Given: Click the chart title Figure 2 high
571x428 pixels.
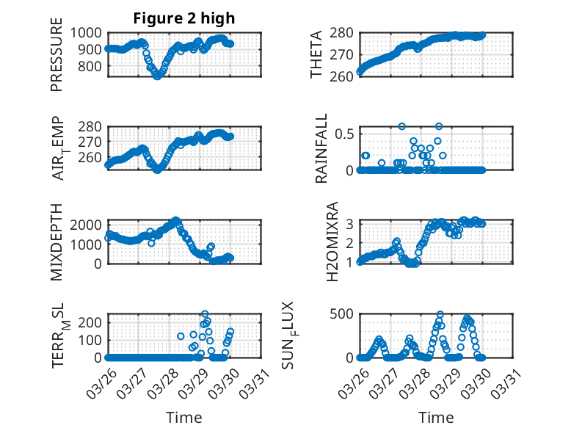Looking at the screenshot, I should point(184,18).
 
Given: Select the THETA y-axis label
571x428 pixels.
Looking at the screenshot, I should point(316,54).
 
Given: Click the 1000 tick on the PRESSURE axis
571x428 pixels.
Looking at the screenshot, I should point(89,32).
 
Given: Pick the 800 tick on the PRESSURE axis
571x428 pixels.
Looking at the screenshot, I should point(92,66).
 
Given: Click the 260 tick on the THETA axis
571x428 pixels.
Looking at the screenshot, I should point(344,76).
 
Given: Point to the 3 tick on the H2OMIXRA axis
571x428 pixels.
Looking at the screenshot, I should point(351,223).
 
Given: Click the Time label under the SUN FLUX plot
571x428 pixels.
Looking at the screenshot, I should point(436,417).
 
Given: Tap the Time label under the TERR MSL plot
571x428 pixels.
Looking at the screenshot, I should point(184,417).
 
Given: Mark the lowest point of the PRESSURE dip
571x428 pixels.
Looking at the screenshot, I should point(156,76).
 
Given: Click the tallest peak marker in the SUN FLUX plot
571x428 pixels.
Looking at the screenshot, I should point(440,314).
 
